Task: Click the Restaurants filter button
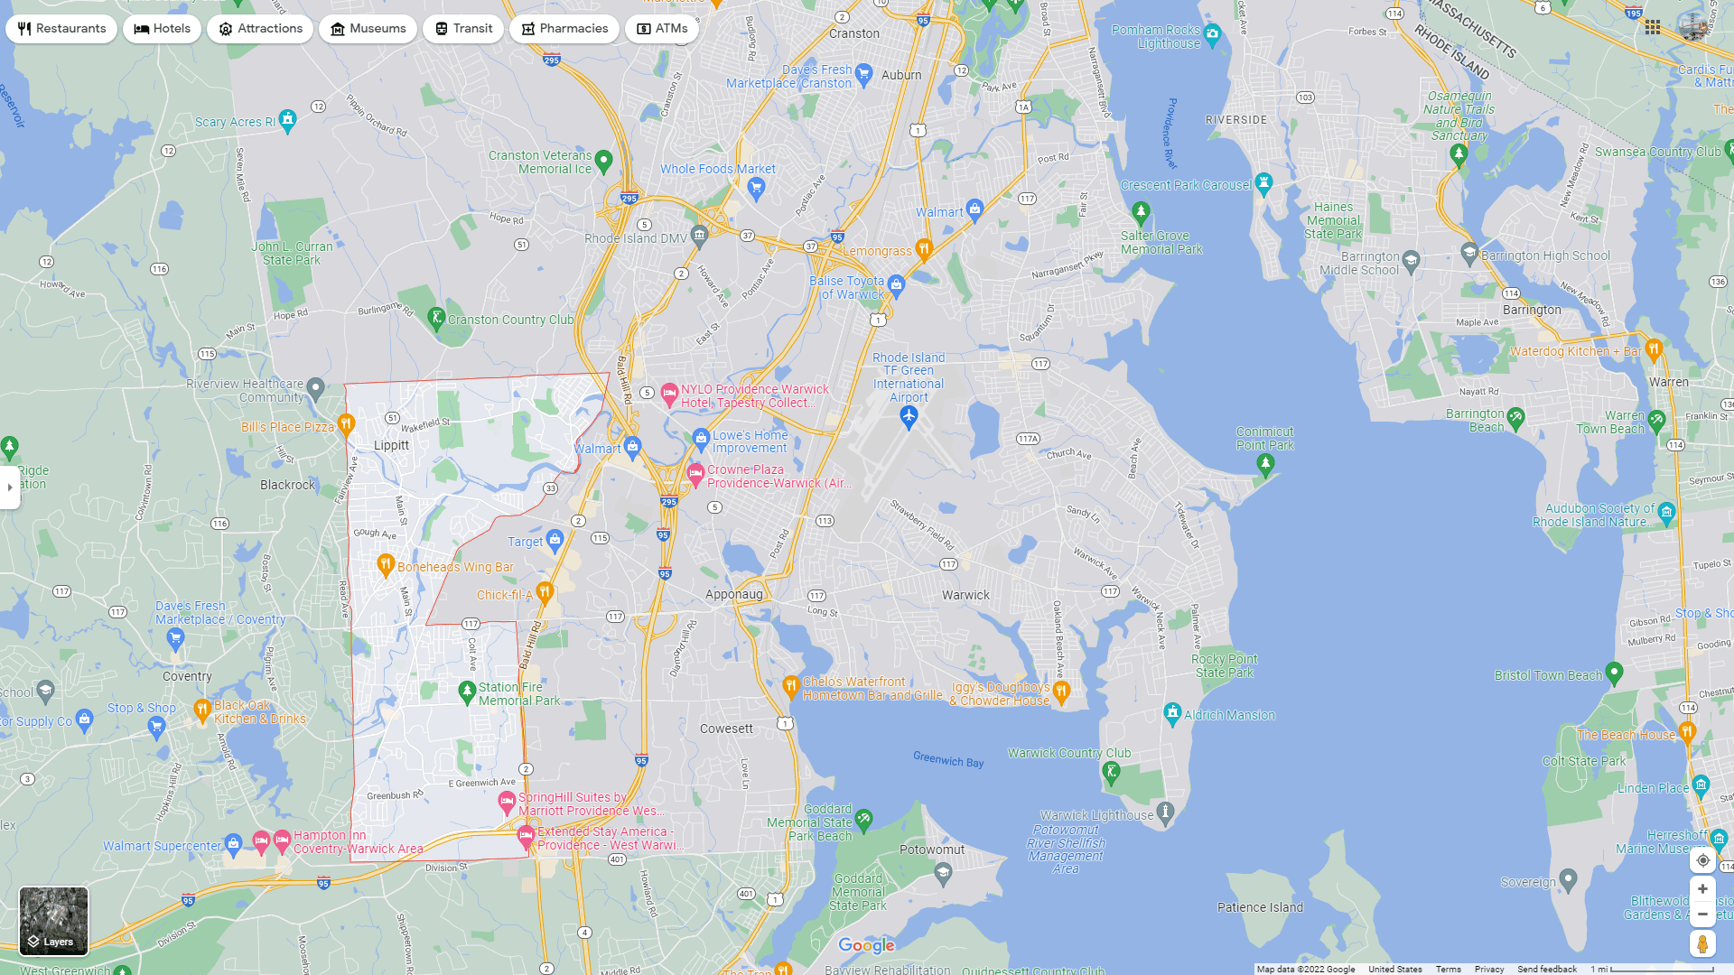point(61,29)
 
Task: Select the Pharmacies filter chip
point(564,29)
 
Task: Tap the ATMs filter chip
point(662,29)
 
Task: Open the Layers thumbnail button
point(54,920)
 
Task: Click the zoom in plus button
point(1702,889)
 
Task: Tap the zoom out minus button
point(1702,915)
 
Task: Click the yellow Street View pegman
point(1702,944)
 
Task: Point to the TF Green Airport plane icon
point(909,416)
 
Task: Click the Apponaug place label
point(733,594)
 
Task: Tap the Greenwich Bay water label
point(947,760)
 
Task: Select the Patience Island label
point(1260,907)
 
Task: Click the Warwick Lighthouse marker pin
point(1165,812)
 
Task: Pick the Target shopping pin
point(555,540)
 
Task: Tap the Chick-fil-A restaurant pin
point(544,592)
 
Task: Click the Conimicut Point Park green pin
point(1265,464)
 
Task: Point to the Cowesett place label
point(726,729)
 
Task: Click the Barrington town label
point(1532,310)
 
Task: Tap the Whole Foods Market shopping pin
point(757,187)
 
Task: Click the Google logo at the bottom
point(866,945)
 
